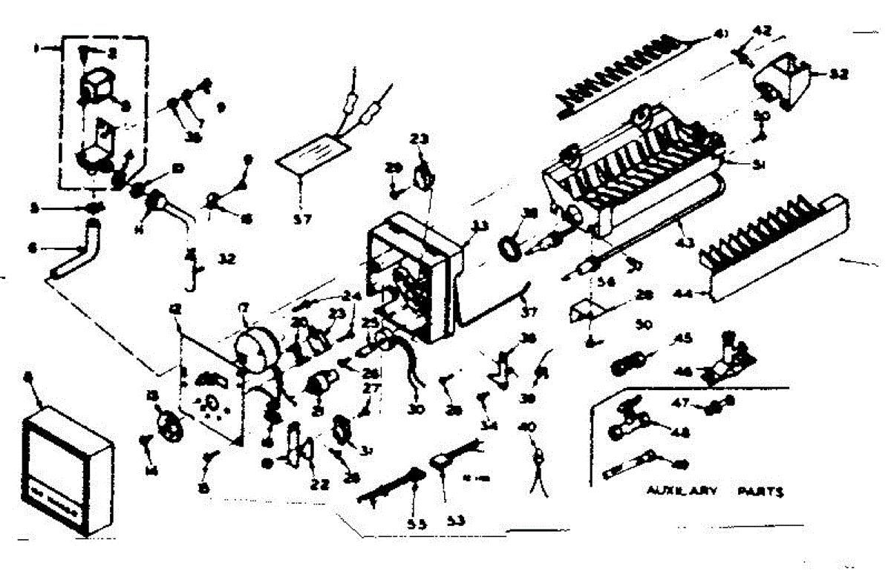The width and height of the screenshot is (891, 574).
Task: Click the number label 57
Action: tap(301, 219)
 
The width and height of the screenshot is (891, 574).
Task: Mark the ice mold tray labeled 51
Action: tap(631, 174)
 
